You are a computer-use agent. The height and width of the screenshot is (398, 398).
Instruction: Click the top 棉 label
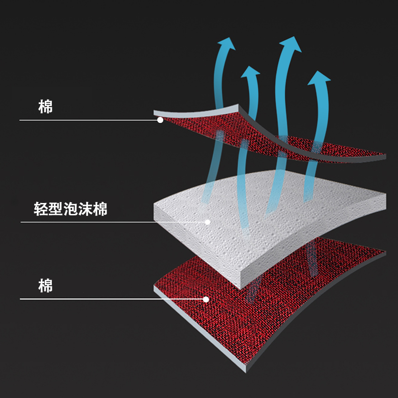46,106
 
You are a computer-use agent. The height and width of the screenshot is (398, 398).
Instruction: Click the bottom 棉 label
46,286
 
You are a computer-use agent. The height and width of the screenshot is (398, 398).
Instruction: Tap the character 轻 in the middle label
42,209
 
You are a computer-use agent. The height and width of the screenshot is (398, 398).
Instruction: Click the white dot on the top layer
160,120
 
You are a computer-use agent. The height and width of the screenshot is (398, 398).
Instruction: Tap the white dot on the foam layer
208,222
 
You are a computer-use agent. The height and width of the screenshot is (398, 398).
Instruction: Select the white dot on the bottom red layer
206,299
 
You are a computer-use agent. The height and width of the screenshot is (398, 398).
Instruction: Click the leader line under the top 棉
90,120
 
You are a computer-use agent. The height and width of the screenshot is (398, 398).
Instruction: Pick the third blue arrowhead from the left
291,44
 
